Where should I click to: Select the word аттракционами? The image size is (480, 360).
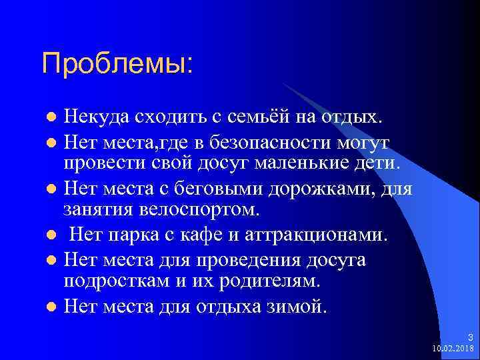[317, 235]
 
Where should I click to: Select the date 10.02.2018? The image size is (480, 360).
[453, 348]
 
